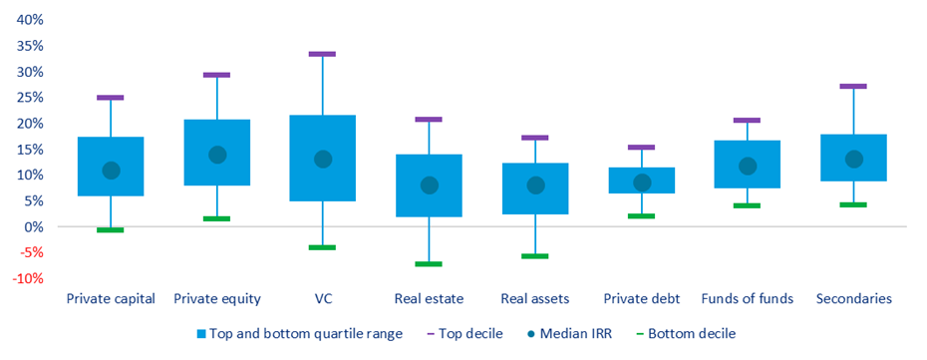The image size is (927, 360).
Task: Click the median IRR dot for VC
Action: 323,159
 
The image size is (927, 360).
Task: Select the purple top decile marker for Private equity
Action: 216,75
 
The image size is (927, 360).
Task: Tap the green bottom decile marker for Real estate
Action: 429,264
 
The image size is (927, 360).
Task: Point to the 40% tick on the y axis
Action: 30,20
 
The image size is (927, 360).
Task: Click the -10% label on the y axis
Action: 28,278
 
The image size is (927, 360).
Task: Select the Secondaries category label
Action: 853,299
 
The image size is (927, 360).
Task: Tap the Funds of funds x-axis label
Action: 747,299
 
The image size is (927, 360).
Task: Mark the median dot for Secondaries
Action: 853,159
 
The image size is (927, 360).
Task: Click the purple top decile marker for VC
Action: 323,54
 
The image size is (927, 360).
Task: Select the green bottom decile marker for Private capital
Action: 111,230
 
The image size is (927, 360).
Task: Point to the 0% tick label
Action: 34,226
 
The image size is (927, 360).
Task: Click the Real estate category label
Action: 429,299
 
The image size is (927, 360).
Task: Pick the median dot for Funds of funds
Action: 748,166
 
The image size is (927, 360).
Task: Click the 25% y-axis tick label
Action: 30,98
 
